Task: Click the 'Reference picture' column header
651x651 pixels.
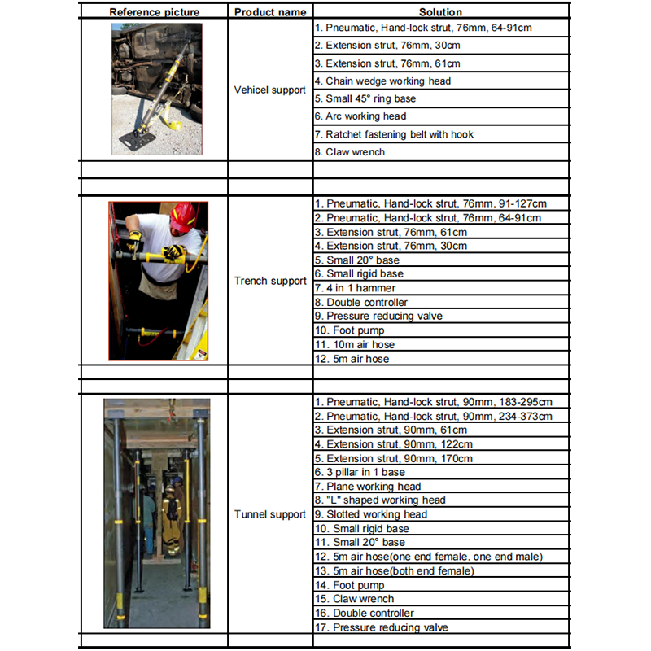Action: (155, 12)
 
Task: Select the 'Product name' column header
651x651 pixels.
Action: (270, 12)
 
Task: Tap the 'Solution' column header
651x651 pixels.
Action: (440, 12)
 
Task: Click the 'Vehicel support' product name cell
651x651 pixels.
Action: (270, 90)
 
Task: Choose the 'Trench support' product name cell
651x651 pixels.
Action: (270, 282)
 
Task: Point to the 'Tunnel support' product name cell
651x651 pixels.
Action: (270, 514)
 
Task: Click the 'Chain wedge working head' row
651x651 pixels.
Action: (388, 81)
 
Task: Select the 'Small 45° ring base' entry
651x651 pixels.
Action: (370, 98)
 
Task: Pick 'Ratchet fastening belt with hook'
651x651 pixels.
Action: (400, 134)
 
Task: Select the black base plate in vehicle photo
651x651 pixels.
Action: (136, 139)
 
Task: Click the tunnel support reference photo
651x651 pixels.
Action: (156, 513)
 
